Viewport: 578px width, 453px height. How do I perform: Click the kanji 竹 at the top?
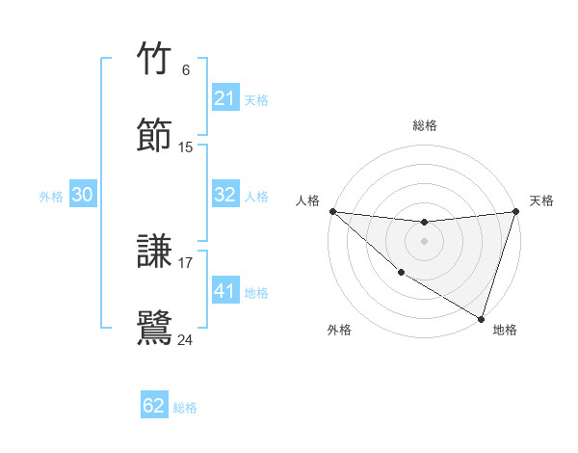[155, 60]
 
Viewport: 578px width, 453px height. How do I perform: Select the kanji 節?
[155, 135]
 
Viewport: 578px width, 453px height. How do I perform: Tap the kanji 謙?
[155, 253]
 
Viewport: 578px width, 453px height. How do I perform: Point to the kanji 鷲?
[155, 328]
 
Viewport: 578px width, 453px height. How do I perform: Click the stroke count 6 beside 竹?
[186, 69]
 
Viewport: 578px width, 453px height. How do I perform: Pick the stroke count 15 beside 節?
[186, 147]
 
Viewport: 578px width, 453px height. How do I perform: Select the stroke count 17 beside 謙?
[186, 262]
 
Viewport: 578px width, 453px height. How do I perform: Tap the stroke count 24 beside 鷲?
[186, 339]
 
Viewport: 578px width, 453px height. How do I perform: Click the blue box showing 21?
[225, 98]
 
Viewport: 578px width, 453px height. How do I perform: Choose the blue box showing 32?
[225, 195]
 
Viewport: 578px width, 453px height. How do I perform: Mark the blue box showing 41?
[225, 290]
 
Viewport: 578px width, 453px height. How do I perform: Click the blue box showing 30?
[83, 195]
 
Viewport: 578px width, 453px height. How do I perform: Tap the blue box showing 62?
[154, 406]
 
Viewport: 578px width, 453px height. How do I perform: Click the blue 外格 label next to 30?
[51, 196]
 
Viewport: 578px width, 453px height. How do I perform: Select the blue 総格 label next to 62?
[185, 408]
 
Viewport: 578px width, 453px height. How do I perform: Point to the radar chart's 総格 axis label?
[424, 125]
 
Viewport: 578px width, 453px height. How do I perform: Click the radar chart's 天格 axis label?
[541, 200]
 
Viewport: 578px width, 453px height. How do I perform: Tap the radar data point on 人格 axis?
[332, 211]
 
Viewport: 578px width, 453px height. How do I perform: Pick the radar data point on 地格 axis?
[481, 318]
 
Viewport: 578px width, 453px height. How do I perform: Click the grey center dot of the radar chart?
[424, 241]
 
